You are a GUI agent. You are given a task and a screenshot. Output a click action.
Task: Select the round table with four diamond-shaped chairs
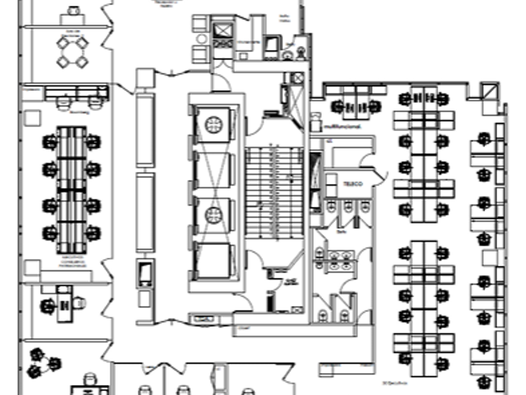coord(72,52)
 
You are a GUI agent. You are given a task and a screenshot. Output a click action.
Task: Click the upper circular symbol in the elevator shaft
coord(215,124)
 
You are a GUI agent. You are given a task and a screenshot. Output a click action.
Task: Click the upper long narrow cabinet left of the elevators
coord(145,129)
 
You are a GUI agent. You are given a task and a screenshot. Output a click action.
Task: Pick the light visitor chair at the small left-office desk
coord(80,303)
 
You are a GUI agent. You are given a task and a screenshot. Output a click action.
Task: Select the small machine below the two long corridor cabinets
coord(145,274)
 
